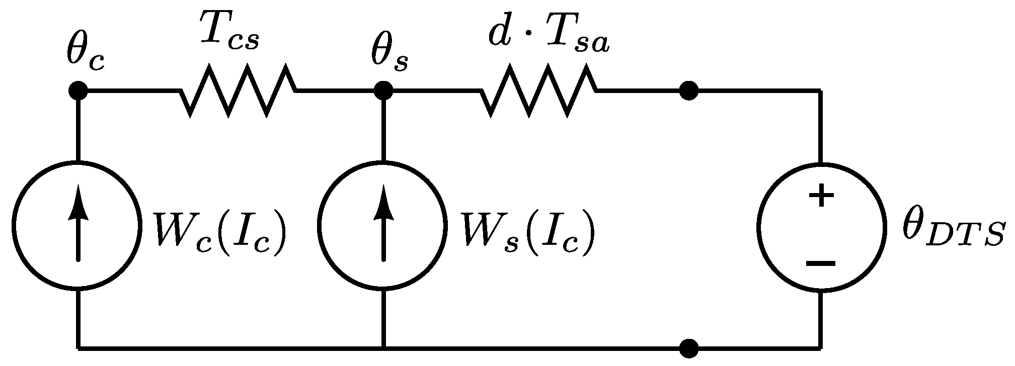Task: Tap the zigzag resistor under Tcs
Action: [x=238, y=91]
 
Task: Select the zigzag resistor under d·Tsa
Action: [x=539, y=91]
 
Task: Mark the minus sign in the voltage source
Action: [x=821, y=263]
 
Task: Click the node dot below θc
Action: [x=77, y=91]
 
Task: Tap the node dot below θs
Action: [x=383, y=91]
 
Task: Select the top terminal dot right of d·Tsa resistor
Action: [x=689, y=91]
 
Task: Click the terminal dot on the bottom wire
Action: [x=689, y=347]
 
